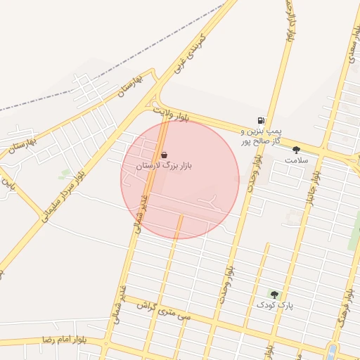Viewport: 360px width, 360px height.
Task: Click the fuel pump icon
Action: (x=262, y=120)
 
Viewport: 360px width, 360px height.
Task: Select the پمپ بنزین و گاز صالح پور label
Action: (x=261, y=136)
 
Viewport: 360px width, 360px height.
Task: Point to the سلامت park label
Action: (x=296, y=160)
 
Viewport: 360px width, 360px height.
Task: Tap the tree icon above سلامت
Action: (x=296, y=149)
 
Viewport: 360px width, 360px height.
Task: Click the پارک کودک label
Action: (x=274, y=306)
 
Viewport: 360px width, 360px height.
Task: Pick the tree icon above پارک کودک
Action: (x=274, y=295)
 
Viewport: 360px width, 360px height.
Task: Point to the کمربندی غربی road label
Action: (x=188, y=53)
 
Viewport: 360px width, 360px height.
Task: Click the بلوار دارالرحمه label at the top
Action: (x=288, y=21)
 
